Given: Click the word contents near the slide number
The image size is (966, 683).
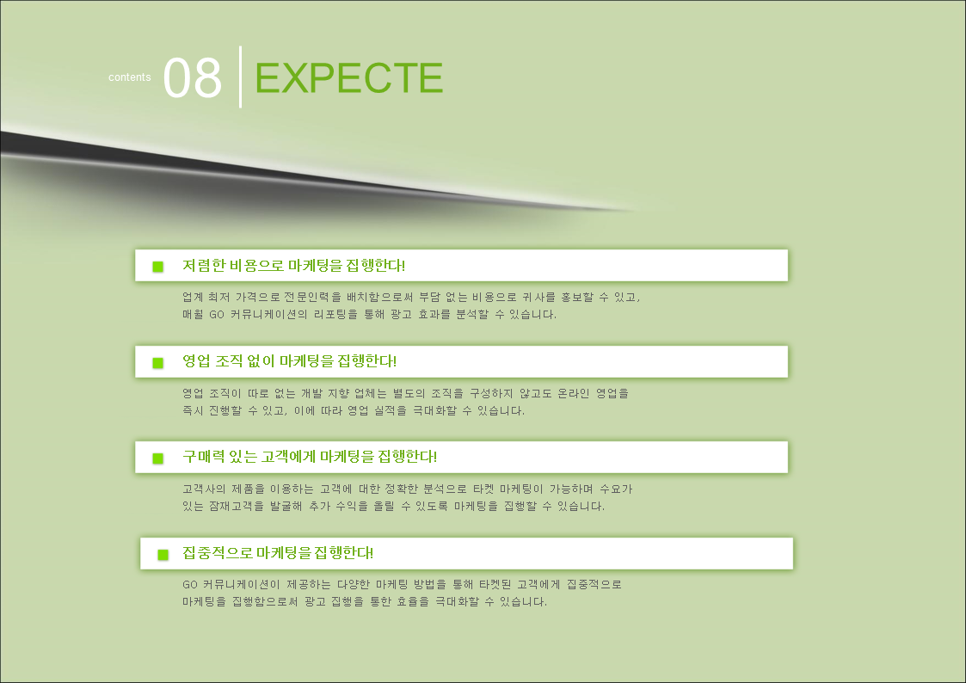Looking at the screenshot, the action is tap(129, 77).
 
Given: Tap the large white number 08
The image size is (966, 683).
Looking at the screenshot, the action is tap(192, 77).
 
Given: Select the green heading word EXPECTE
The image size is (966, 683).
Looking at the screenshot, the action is tap(348, 77).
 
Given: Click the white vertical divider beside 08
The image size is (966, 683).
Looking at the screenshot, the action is tap(240, 77).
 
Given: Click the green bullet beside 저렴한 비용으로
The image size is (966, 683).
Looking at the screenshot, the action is tap(158, 267).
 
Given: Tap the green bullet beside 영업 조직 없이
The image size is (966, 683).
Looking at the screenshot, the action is tap(158, 363).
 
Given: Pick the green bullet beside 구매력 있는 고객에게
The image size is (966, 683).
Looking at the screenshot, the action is tap(158, 458).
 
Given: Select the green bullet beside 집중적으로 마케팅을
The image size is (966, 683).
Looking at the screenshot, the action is tap(163, 555).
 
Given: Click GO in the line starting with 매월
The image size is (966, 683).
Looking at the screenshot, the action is tap(217, 315).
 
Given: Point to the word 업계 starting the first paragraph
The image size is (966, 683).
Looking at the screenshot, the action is tap(193, 297).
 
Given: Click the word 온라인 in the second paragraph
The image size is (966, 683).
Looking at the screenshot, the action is tap(574, 393).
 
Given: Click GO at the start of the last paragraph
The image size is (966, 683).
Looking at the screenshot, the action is tap(190, 584).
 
